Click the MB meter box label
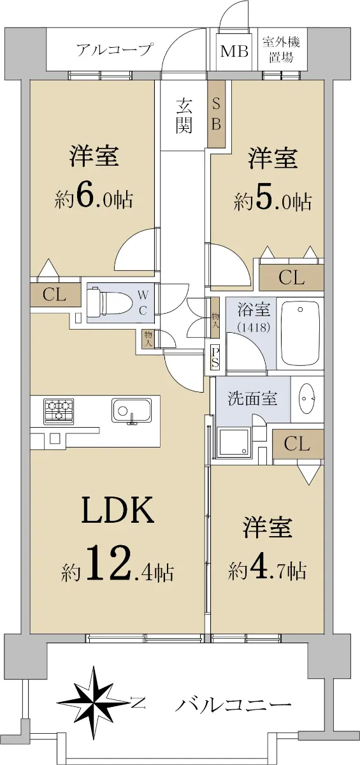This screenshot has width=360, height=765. pyautogui.click(x=234, y=52)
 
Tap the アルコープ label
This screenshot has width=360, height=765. pyautogui.click(x=114, y=50)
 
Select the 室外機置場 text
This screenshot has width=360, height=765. pyautogui.click(x=281, y=50)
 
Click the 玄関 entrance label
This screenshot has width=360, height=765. pyautogui.click(x=184, y=117)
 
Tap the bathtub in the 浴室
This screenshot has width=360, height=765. pyautogui.click(x=300, y=332)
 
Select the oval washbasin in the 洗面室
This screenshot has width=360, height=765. pyautogui.click(x=306, y=398)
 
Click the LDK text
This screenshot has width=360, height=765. pyautogui.click(x=117, y=511)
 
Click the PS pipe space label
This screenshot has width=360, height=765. pyautogui.click(x=215, y=357)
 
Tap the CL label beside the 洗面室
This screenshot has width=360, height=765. pyautogui.click(x=297, y=443)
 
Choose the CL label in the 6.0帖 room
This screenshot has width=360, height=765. pyautogui.click(x=54, y=295)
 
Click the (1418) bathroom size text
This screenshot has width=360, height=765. pyautogui.click(x=253, y=328)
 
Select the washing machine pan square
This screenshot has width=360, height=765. pyautogui.click(x=234, y=441)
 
